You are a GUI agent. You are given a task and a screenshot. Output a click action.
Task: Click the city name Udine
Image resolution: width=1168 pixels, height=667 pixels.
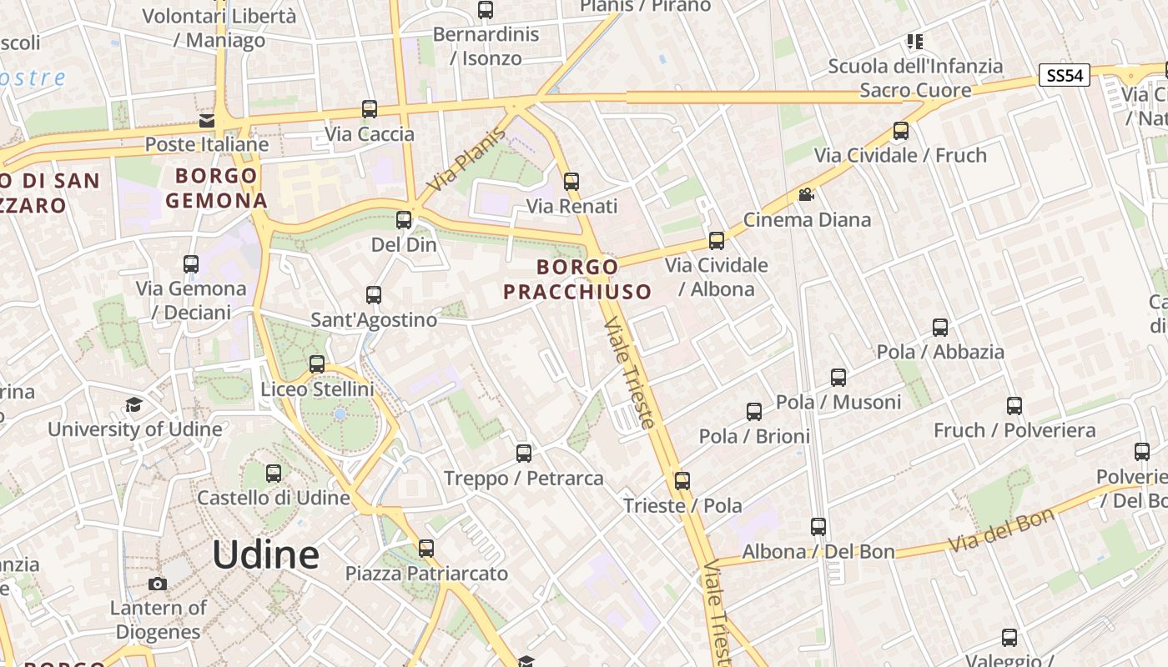point(265,555)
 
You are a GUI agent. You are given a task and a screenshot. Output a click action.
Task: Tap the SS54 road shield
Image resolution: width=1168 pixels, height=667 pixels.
point(1065,76)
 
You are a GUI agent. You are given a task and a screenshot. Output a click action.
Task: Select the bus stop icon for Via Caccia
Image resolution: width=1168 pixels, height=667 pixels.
point(369,109)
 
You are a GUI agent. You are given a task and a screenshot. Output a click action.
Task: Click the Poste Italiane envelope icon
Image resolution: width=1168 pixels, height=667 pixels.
point(207,121)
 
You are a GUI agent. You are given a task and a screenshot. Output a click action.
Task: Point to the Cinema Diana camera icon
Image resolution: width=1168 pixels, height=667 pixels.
point(806,195)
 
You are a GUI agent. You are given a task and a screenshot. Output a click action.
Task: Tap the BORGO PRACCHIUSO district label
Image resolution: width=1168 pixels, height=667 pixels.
point(577,279)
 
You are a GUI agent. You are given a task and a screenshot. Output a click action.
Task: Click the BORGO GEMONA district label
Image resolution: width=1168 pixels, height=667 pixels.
point(216,188)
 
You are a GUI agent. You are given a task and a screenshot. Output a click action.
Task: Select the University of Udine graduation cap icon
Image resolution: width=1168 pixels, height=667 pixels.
point(133,405)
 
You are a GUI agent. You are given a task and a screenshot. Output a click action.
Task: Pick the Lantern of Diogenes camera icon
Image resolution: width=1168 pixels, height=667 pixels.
point(157,584)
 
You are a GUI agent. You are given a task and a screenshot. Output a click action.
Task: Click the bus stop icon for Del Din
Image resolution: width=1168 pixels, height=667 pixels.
point(404,220)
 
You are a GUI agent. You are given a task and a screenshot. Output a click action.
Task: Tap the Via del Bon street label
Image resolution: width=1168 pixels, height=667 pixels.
point(1001,530)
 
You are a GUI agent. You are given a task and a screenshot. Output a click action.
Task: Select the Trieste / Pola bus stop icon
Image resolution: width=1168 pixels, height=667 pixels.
point(682,481)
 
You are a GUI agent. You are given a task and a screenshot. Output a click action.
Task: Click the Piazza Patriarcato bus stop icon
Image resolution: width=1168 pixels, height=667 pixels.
point(426,549)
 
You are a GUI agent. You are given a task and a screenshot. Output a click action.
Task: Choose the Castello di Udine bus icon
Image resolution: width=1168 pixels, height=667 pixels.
point(274,474)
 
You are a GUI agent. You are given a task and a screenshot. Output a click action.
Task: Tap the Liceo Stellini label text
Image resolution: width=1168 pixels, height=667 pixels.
point(317,389)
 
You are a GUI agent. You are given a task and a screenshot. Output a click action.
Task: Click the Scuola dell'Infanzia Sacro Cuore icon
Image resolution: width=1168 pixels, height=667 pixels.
point(915,42)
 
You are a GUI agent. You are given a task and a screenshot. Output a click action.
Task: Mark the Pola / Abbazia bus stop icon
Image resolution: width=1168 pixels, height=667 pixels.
point(940,328)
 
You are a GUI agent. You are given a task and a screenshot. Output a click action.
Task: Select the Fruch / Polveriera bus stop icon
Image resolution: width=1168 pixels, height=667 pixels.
point(1014,406)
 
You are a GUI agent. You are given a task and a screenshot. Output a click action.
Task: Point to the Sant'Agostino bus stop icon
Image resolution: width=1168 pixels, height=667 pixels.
point(374,295)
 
